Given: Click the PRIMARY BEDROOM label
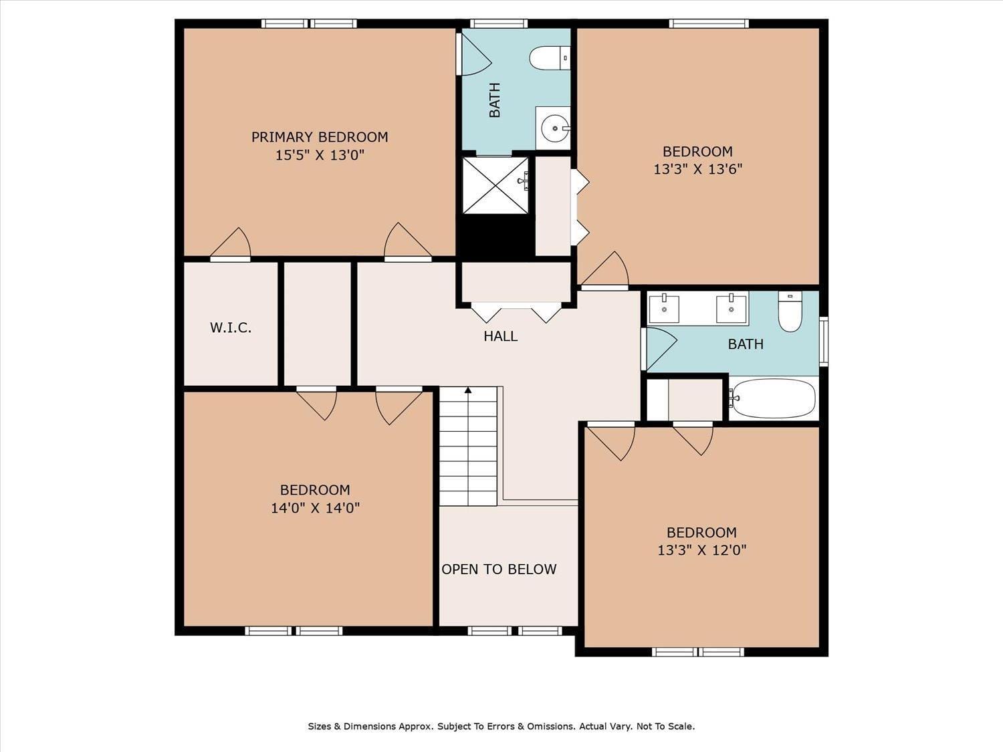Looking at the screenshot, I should coord(320,137).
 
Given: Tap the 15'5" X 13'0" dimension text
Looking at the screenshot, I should coord(320,156).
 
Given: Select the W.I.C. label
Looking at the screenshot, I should coord(231,328).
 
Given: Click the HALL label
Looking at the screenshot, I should coord(500,336).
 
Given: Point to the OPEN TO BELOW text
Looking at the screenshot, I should coord(499,570).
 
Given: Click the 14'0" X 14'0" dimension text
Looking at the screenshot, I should coord(315,508).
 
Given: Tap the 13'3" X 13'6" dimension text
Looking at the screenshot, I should coord(697,169).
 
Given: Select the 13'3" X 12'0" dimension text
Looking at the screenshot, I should coord(701,550).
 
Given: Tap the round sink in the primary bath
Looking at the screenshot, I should coord(554,128).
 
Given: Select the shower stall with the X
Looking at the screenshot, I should coord(495,185).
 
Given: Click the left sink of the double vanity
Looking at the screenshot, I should coord(664,309).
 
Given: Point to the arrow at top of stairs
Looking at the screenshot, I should coord(468,390).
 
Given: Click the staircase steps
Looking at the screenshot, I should coord(468,448).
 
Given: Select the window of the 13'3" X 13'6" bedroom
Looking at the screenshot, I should coord(709,24).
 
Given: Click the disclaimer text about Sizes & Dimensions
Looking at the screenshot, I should coord(501,726).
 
